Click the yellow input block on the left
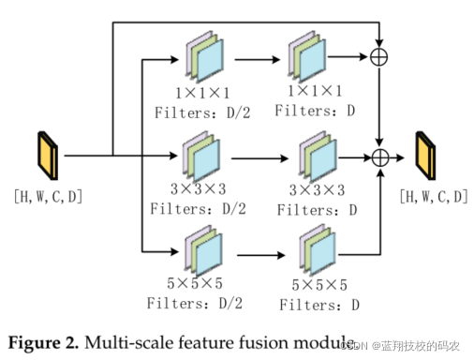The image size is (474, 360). click(48, 156)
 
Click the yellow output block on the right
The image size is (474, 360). click(425, 156)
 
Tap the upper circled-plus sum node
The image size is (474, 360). click(379, 57)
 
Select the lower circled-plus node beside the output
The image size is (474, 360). click(380, 157)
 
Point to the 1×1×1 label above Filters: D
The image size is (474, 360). click(315, 91)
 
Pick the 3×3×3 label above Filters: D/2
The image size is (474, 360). click(198, 188)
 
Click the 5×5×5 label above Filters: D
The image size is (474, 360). click(319, 285)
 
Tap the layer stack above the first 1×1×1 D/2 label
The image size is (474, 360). click(205, 56)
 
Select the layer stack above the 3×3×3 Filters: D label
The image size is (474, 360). click(318, 157)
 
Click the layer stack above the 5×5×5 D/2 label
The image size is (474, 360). click(203, 251)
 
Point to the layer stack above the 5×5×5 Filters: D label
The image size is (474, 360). click(318, 249)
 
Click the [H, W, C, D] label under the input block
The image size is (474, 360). click(48, 197)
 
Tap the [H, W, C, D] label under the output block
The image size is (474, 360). click(434, 197)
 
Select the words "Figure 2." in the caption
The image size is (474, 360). click(43, 343)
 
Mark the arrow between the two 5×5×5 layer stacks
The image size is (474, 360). click(261, 255)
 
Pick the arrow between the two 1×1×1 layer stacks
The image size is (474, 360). click(258, 59)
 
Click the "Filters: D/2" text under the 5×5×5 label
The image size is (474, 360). click(195, 303)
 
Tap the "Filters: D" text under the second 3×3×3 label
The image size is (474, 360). click(318, 210)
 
